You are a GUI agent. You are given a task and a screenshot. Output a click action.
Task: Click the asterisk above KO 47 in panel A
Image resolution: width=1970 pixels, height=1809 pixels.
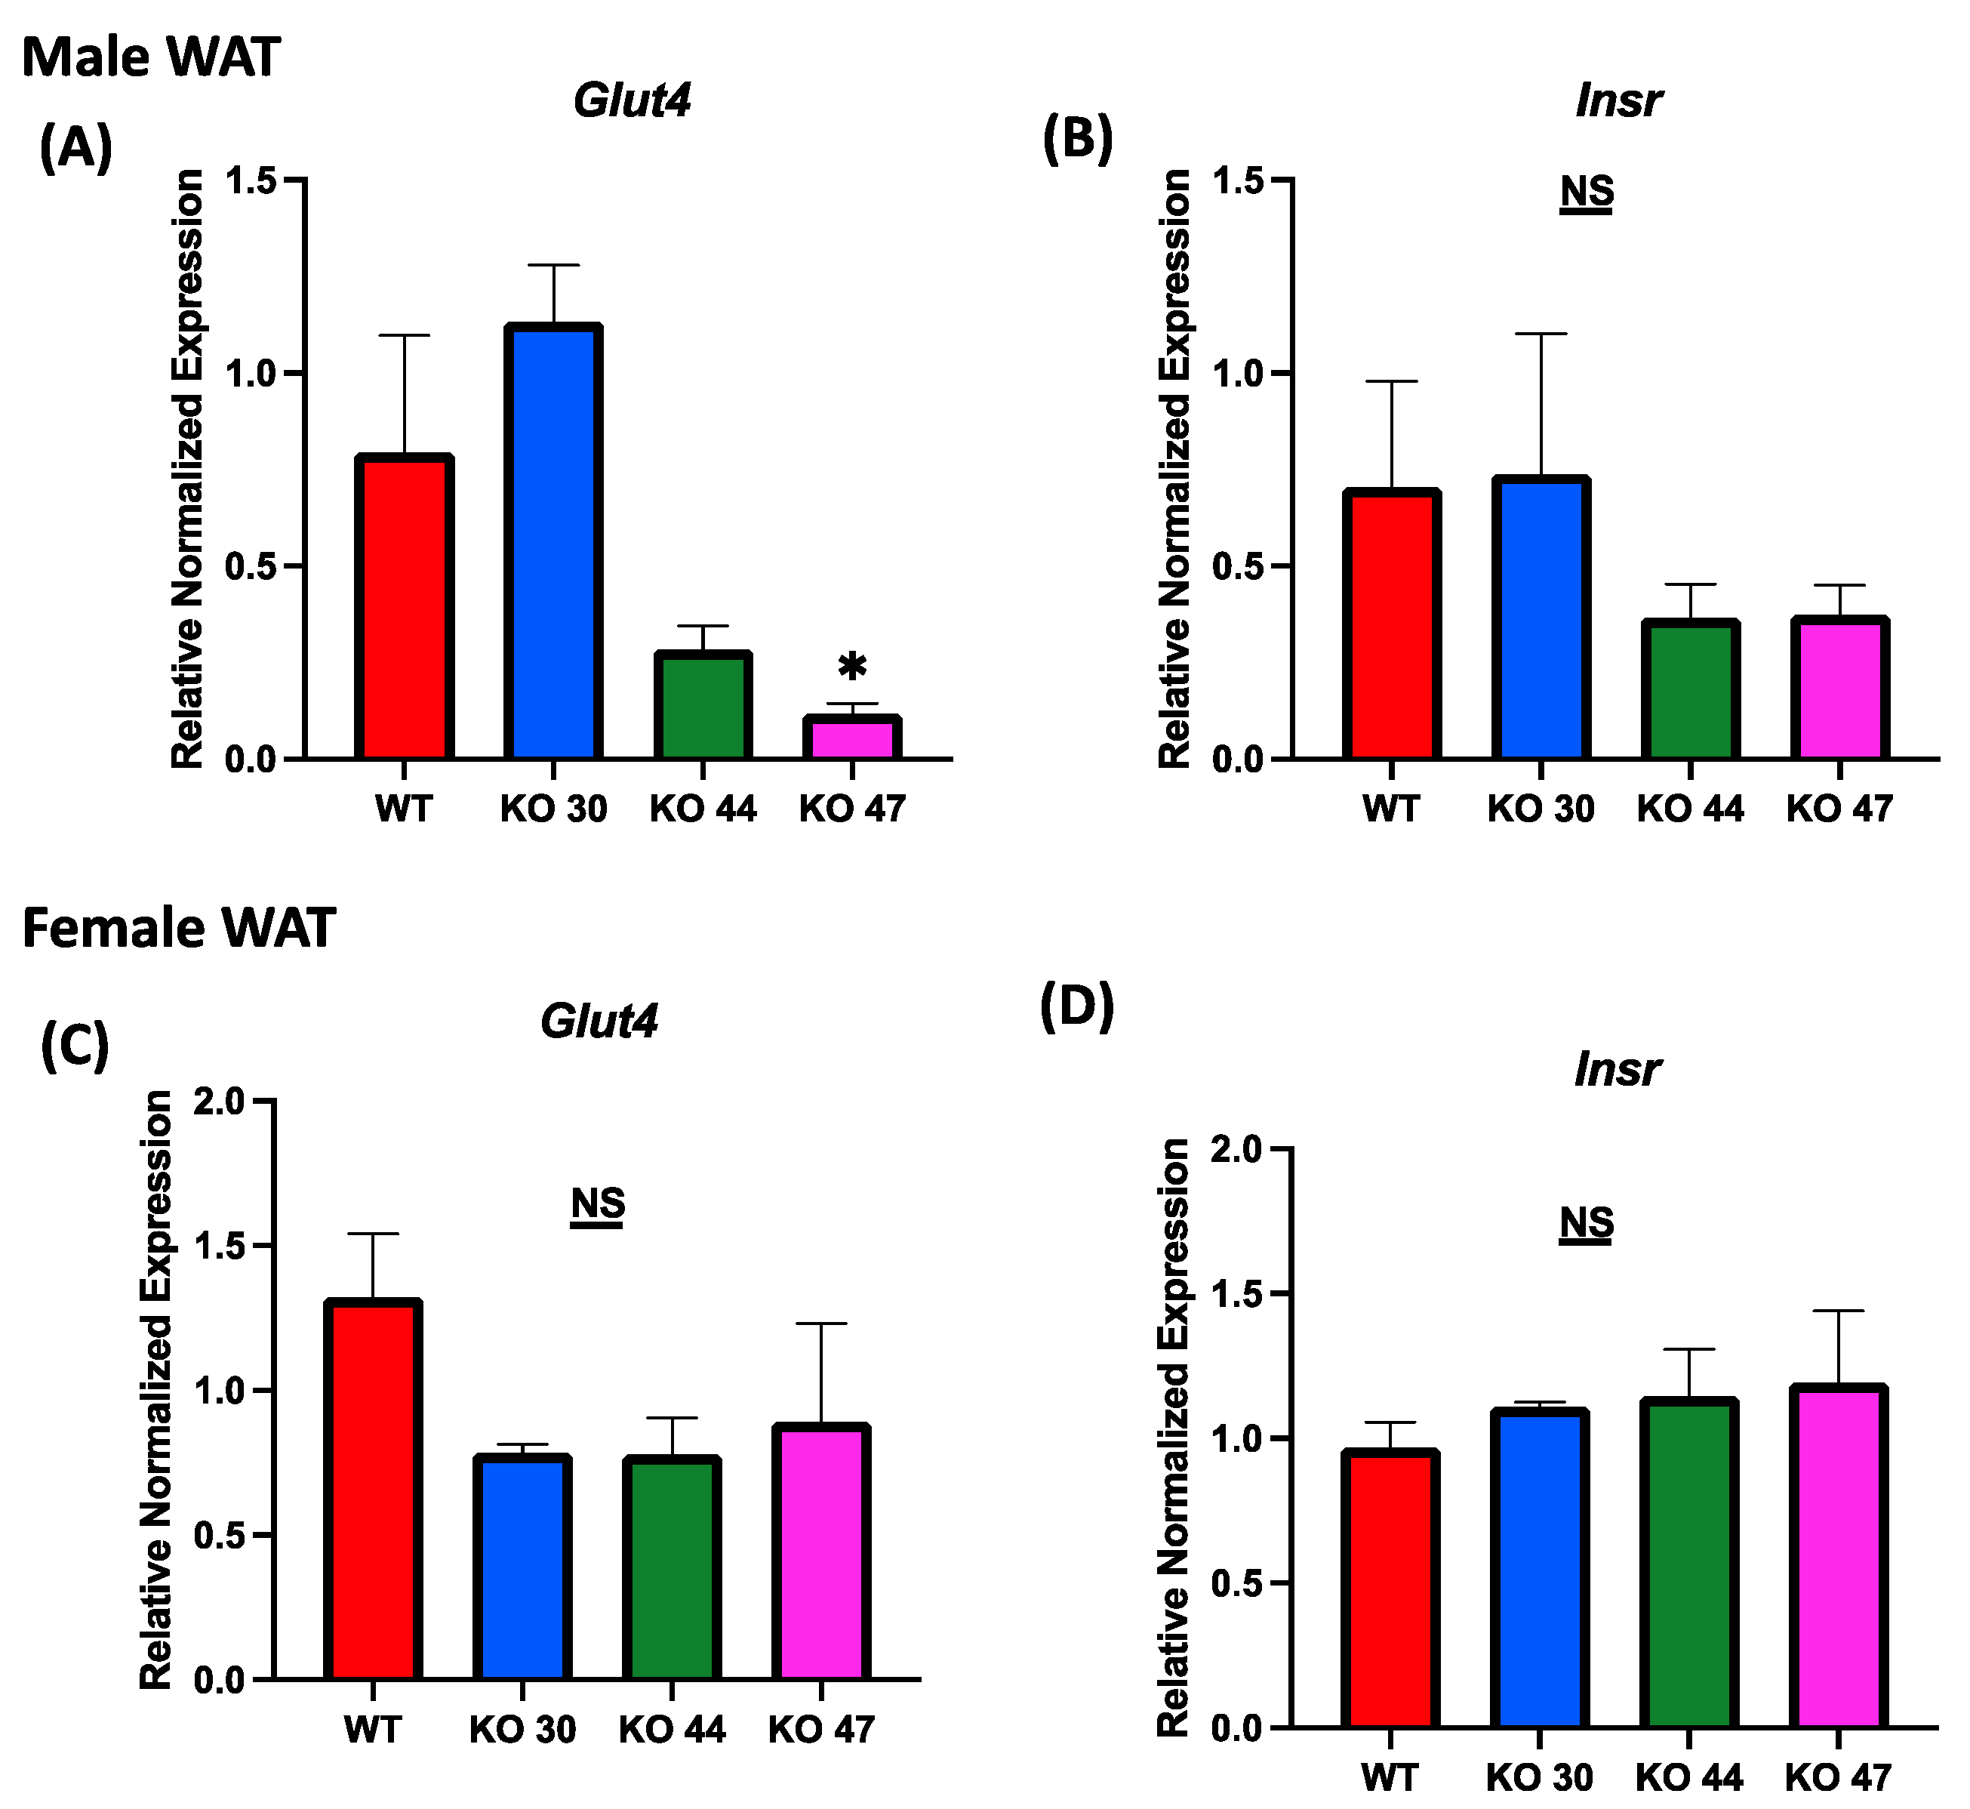click(852, 667)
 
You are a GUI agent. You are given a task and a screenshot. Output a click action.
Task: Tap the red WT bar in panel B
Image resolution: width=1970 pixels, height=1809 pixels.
click(1390, 627)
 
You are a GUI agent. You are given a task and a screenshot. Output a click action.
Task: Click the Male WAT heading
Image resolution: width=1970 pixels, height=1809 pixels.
click(151, 57)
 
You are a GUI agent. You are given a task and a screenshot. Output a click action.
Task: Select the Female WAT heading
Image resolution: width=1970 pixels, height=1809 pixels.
click(178, 928)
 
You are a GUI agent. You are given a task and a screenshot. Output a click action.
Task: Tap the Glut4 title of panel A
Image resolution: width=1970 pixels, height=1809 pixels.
click(633, 100)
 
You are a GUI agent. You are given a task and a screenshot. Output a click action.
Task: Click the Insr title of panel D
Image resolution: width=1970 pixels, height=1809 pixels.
click(1617, 1069)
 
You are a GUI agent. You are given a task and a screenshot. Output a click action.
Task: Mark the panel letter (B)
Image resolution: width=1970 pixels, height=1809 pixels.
click(1078, 138)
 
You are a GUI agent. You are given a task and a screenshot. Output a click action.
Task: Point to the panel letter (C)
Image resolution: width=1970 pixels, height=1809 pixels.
click(75, 1046)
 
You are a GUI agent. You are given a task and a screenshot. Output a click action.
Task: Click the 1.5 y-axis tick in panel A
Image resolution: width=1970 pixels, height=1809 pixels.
click(250, 180)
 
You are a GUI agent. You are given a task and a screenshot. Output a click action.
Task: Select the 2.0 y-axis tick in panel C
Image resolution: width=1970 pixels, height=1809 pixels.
click(218, 1102)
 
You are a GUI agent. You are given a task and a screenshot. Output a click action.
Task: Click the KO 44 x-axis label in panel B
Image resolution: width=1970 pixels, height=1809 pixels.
click(1690, 809)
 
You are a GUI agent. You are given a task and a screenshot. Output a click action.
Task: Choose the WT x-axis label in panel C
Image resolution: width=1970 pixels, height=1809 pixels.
click(372, 1730)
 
